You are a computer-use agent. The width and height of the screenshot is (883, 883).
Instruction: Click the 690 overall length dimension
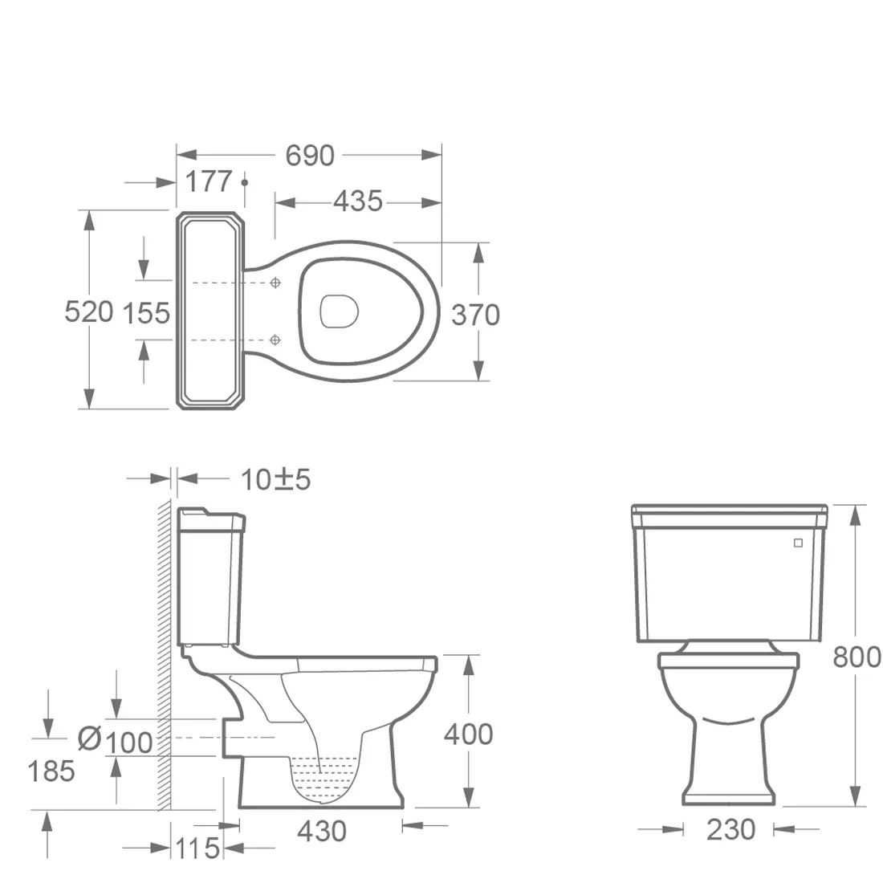coord(310,156)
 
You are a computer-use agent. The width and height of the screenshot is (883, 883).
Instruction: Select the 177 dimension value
coord(209,181)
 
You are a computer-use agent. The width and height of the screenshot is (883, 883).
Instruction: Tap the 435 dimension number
coord(358,201)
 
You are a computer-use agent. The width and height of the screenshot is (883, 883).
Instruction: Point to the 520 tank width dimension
coord(89,311)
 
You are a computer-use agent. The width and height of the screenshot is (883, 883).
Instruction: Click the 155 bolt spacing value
coord(146,313)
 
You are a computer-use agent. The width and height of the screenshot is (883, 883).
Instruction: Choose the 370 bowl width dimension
coord(476,315)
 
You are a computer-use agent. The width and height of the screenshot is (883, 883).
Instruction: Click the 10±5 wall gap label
coord(275,480)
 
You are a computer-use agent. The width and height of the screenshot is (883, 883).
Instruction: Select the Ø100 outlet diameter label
coord(115,741)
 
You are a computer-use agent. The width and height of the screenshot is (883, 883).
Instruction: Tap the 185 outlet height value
coord(51,771)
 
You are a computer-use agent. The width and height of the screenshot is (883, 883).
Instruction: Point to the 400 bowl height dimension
coord(469,734)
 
